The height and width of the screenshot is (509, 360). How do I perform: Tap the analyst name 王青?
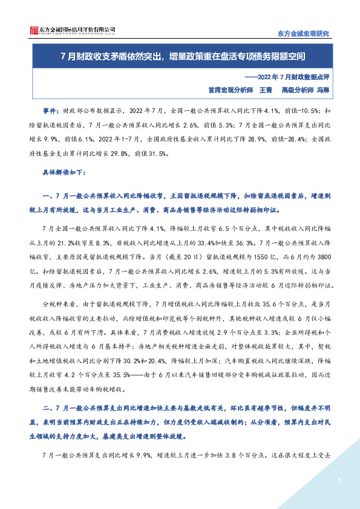pyautogui.click(x=265, y=89)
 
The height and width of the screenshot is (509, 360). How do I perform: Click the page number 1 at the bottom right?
pyautogui.click(x=340, y=481)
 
